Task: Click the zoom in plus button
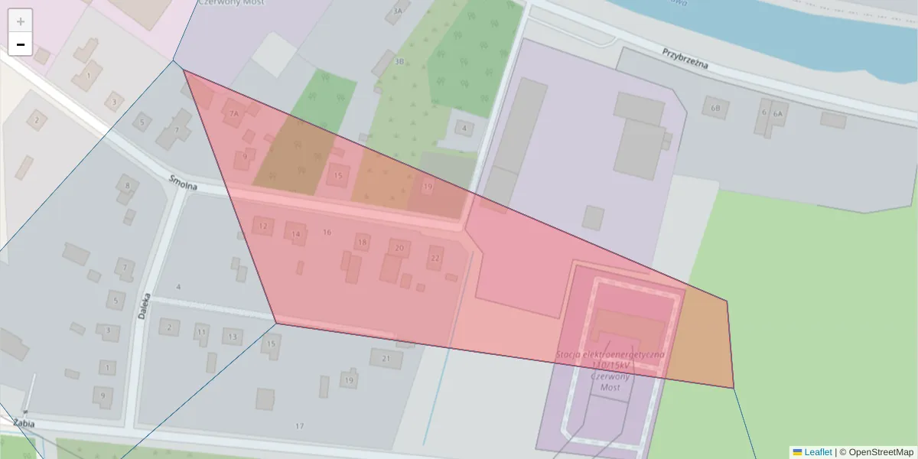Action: (x=21, y=21)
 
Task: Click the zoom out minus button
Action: (x=21, y=44)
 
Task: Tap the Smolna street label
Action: (x=184, y=184)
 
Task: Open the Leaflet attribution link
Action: (x=818, y=452)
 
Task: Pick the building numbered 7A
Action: (x=234, y=114)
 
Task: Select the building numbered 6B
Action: (x=715, y=109)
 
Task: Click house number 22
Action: (x=435, y=258)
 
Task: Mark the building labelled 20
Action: (x=399, y=248)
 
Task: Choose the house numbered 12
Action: (x=263, y=226)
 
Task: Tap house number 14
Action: (x=295, y=234)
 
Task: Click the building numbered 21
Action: (x=386, y=358)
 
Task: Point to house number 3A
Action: (x=397, y=11)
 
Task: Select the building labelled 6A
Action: (x=778, y=114)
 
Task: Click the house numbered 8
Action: (x=128, y=185)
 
